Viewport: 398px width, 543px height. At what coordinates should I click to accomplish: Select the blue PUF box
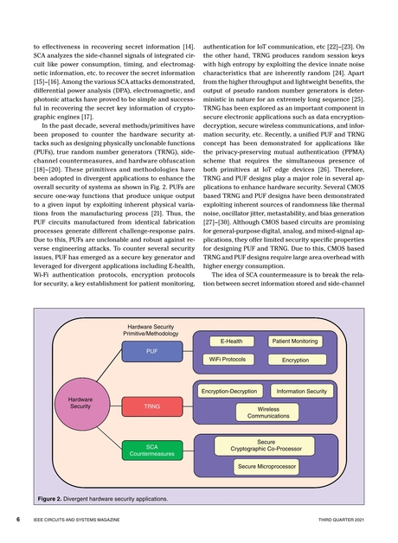tap(151, 352)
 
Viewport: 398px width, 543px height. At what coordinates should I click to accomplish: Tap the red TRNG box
tap(151, 405)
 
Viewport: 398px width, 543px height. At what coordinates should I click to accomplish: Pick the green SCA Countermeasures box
tap(151, 450)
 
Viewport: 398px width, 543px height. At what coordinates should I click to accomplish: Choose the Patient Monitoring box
tap(294, 342)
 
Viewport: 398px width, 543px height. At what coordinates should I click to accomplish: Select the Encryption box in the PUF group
tap(294, 360)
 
